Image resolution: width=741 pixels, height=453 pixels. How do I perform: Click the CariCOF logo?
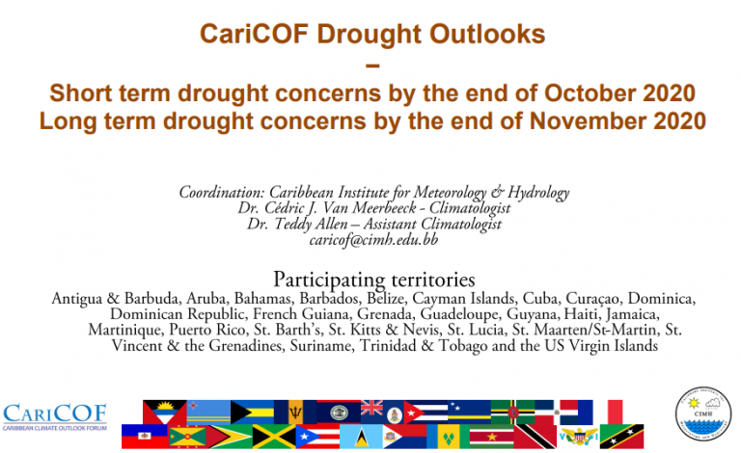click(55, 417)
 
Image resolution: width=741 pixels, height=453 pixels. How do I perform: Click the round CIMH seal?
click(703, 414)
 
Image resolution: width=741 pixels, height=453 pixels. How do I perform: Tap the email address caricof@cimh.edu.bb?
click(373, 240)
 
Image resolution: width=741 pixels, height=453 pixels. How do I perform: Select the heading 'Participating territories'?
click(373, 280)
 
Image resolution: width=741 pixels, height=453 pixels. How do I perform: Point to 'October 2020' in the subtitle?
click(619, 93)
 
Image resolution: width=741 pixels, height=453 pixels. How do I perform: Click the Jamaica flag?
click(274, 436)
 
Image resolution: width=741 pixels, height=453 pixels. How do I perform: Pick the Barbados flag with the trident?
click(295, 412)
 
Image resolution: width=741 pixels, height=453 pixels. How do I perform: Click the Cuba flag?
click(425, 412)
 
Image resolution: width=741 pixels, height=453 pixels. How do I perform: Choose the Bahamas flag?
click(252, 412)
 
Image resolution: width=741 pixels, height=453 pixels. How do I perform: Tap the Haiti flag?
click(144, 436)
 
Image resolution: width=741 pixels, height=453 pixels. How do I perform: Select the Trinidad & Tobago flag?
click(535, 436)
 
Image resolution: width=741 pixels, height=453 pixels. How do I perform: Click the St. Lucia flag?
click(361, 436)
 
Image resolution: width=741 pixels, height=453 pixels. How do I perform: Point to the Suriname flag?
click(491, 436)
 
